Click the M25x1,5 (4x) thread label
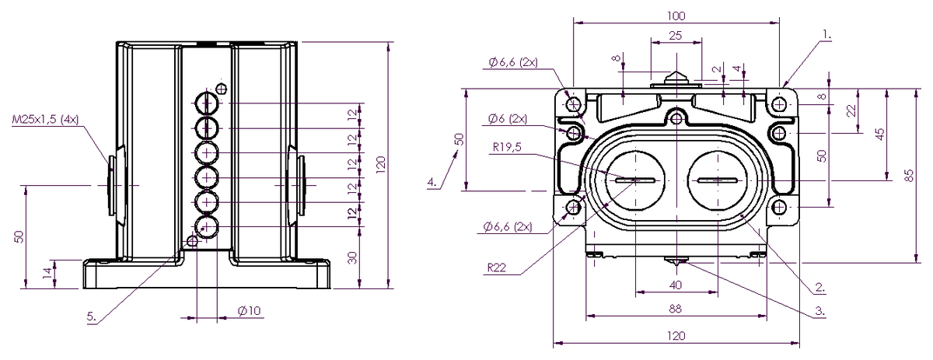click(45, 120)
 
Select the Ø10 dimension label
click(249, 311)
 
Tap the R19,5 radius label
click(507, 147)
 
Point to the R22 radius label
click(497, 267)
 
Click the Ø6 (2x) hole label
click(507, 119)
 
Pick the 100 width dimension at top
click(676, 16)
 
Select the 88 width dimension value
click(675, 309)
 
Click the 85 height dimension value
click(910, 175)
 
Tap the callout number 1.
click(826, 35)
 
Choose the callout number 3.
click(819, 311)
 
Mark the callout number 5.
click(91, 316)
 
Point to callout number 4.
click(433, 182)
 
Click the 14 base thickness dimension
click(48, 273)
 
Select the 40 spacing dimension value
click(675, 285)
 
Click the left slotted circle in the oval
click(636, 180)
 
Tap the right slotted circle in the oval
click(717, 180)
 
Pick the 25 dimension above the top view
click(675, 36)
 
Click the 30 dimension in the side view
click(353, 257)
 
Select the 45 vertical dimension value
click(879, 135)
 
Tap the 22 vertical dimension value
click(851, 110)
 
